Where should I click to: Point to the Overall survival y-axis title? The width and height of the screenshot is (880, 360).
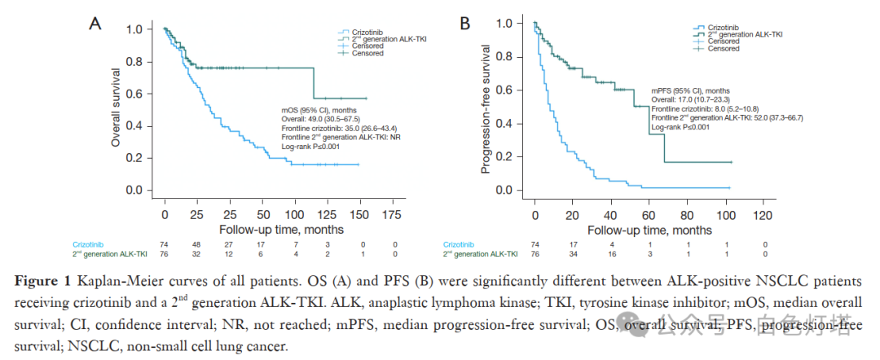116,109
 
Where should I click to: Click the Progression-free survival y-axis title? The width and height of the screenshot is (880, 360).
486,108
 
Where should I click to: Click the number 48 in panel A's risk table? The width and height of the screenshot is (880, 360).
197,244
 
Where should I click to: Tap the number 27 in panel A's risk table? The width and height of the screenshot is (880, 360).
230,244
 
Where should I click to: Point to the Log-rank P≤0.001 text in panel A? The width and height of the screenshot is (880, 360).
310,146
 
